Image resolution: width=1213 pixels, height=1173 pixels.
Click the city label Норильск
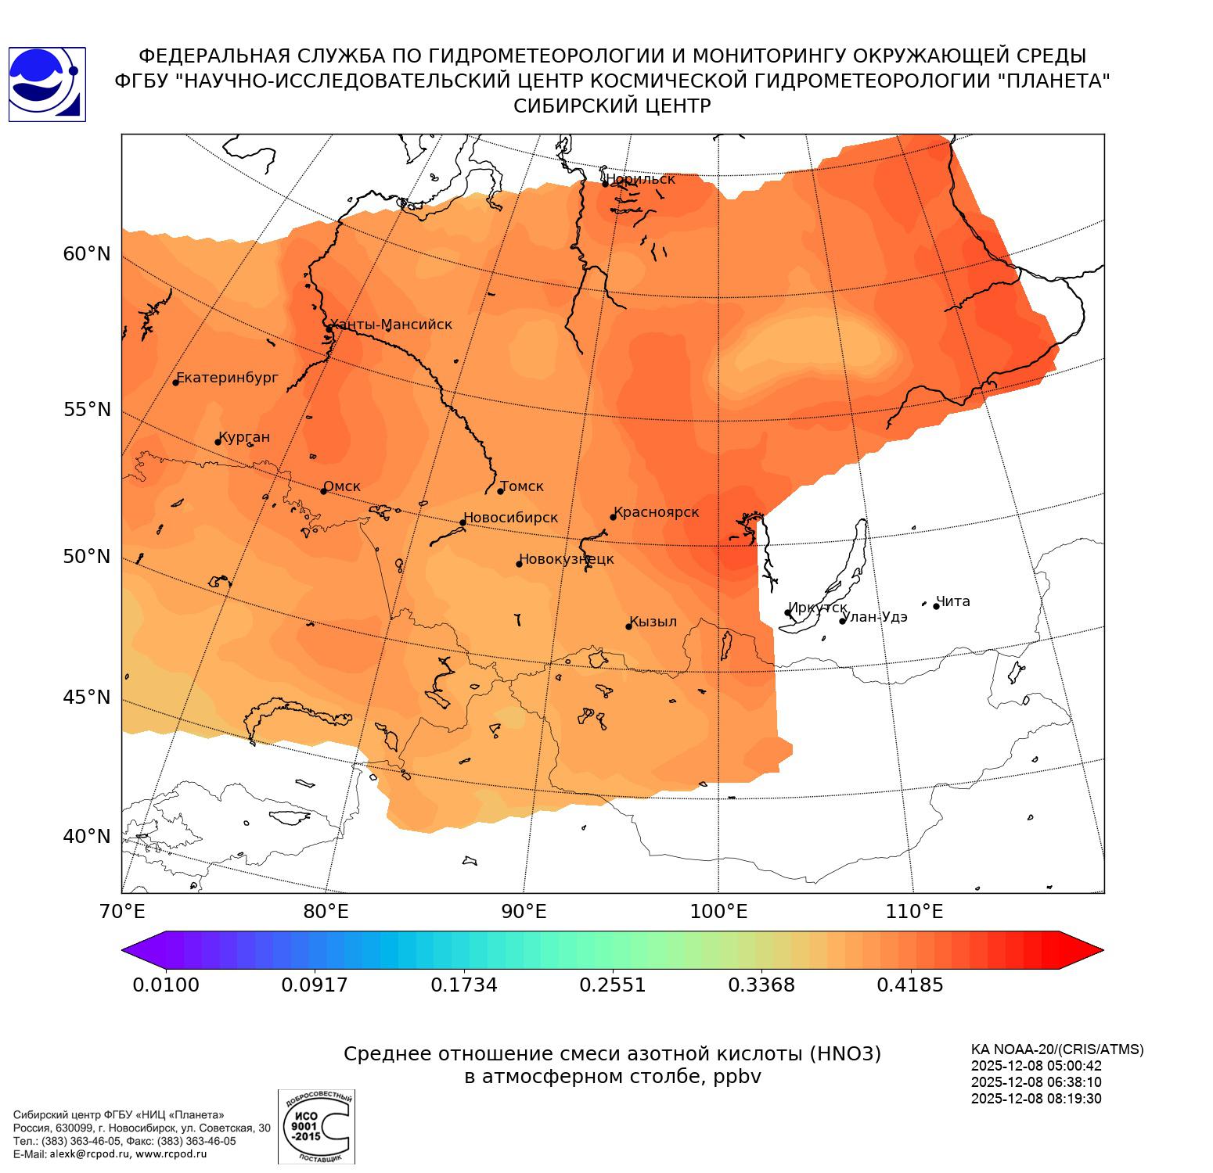click(x=640, y=179)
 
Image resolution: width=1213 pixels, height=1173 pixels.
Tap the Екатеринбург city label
click(x=226, y=378)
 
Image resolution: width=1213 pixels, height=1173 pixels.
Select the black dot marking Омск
click(x=323, y=491)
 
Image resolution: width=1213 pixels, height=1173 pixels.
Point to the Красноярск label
click(x=656, y=512)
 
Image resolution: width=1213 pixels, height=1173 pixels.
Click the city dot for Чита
click(x=936, y=606)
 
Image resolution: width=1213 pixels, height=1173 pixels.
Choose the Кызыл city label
click(x=653, y=622)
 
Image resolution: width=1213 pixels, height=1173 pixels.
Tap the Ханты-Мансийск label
click(x=391, y=325)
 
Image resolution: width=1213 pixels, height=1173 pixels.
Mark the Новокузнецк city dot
click(x=519, y=564)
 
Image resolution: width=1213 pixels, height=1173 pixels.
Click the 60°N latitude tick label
click(x=87, y=253)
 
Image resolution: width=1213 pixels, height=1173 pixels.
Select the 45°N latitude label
click(x=87, y=697)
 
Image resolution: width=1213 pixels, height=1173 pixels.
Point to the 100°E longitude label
click(x=718, y=911)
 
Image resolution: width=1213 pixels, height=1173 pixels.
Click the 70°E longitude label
click(x=121, y=911)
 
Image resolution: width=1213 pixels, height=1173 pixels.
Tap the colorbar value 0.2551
click(x=613, y=985)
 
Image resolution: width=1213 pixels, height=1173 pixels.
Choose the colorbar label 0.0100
click(x=166, y=985)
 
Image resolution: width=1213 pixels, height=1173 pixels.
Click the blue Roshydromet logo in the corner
click(x=47, y=84)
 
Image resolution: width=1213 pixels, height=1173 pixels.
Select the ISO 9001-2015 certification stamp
click(x=316, y=1126)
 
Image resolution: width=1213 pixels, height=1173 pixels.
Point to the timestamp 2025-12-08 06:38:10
click(x=1036, y=1082)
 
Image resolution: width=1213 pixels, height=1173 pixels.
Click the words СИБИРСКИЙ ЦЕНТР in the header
click(x=612, y=106)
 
